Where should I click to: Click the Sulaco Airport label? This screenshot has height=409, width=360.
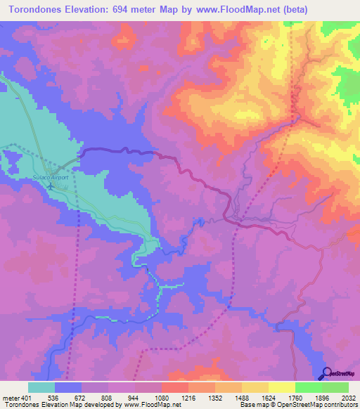[x=50, y=178]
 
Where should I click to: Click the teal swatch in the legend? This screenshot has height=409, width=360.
[x=41, y=388]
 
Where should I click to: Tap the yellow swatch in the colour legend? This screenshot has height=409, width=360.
[x=281, y=388]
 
